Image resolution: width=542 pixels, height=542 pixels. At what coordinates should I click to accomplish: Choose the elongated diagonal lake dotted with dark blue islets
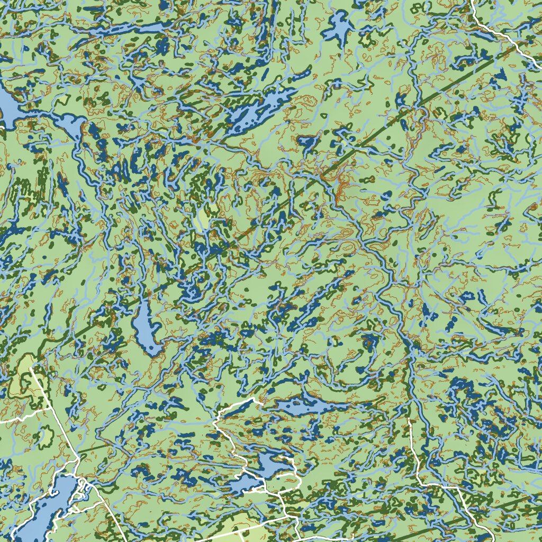click(259, 109)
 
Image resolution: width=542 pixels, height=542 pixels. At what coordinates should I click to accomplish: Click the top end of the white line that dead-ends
click(410, 420)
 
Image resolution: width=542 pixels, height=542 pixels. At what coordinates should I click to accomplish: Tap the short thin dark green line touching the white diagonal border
click(93, 450)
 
